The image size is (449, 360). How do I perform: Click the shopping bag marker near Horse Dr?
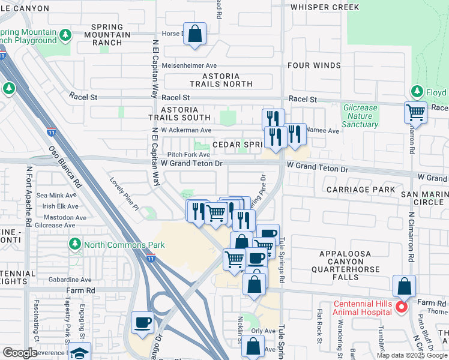coord(195,35)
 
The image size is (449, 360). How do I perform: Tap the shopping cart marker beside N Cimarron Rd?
coord(415,112)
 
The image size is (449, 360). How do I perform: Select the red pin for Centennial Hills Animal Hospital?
coord(401,307)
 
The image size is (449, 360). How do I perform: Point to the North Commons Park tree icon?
coord(75,244)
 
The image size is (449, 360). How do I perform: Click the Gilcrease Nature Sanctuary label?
coord(360,116)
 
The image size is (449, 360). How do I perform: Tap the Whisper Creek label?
coord(325,7)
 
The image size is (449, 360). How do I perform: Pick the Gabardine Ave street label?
coord(71,280)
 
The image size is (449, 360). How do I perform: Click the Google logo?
coord(20,352)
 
